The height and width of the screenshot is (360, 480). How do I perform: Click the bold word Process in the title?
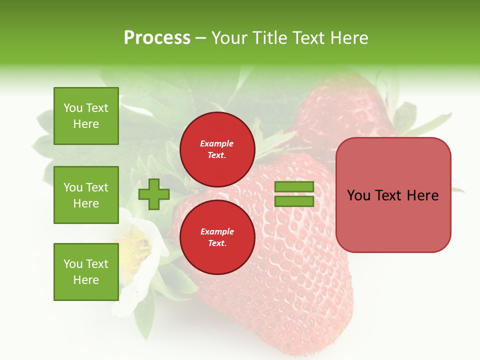click(x=157, y=38)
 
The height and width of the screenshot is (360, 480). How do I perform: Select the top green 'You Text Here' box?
click(x=86, y=116)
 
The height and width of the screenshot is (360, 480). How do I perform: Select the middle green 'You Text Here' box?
click(x=86, y=195)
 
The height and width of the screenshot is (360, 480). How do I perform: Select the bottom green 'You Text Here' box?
click(x=86, y=272)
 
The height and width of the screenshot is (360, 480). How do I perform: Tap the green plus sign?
click(x=154, y=194)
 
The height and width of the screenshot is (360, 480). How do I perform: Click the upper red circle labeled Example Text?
click(x=217, y=149)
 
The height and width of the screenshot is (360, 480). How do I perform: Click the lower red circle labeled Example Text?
click(x=217, y=237)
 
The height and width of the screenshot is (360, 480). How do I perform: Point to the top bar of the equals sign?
click(x=294, y=187)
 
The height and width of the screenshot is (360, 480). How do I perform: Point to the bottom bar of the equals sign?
click(x=294, y=201)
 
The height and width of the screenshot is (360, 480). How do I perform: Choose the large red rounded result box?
click(x=393, y=220)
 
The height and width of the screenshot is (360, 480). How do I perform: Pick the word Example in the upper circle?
click(x=217, y=143)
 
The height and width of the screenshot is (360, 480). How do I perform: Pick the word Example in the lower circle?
click(x=217, y=231)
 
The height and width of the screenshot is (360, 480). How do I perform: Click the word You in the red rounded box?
click(x=358, y=195)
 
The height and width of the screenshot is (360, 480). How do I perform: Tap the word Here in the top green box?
click(x=86, y=124)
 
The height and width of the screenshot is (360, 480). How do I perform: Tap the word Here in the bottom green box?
click(x=86, y=280)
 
